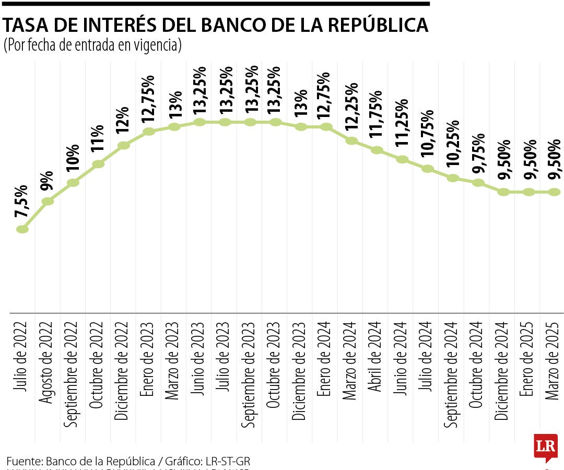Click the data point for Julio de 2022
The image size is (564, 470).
[x=22, y=229]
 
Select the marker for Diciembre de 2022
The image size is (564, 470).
[x=124, y=145]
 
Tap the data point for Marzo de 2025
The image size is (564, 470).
[x=555, y=192]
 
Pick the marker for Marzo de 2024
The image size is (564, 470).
[x=352, y=140]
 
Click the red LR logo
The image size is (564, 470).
[x=545, y=447]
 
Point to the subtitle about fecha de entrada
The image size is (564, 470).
[x=92, y=46]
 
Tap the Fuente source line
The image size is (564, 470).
[x=128, y=461]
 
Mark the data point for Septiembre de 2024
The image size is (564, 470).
[x=453, y=178]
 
